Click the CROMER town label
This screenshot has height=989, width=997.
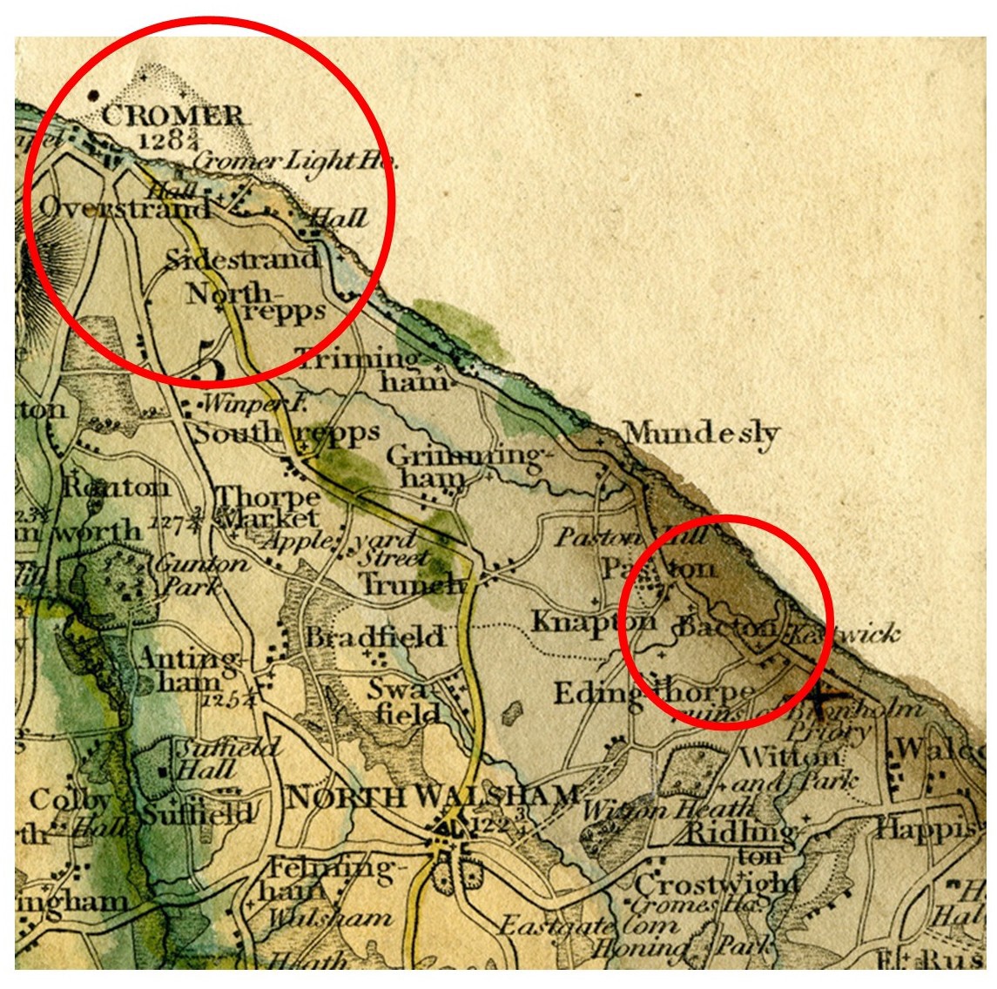pyautogui.click(x=172, y=116)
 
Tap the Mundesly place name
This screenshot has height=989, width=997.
pyautogui.click(x=702, y=433)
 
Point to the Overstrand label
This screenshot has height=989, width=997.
pyautogui.click(x=124, y=208)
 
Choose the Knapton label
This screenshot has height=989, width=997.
pyautogui.click(x=594, y=622)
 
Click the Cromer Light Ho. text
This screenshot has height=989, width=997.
pyautogui.click(x=294, y=161)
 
